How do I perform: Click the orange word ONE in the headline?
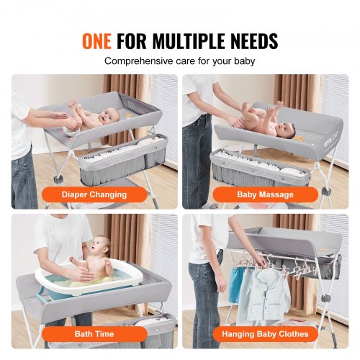tap(99, 41)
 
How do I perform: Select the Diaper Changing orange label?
tap(94, 194)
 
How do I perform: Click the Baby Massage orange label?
tap(264, 194)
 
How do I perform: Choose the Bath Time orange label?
tap(94, 333)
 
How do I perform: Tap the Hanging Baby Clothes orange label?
tap(264, 333)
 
